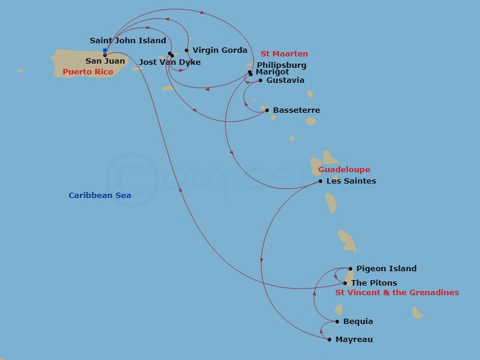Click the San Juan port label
106,61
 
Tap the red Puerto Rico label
88,72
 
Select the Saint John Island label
128,41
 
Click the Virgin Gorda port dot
187,50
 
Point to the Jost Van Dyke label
170,62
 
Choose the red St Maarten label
284,54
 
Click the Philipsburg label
281,65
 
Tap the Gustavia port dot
260,80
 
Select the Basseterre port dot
267,110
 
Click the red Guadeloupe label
344,170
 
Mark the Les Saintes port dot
320,181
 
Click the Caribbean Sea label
100,195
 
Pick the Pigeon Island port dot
350,269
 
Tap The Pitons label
374,283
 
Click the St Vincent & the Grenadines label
397,293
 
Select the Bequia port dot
337,322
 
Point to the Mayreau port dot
329,340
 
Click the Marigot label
272,72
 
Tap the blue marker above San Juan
105,50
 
